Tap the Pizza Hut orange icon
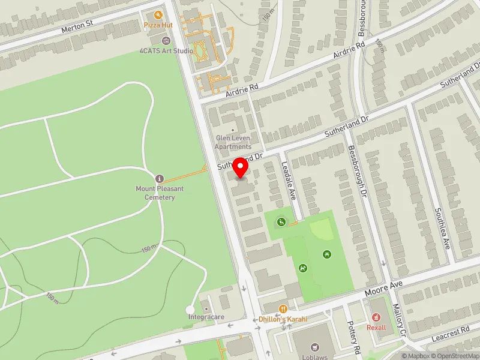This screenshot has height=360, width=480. coord(149,14)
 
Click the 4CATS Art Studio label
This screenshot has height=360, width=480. coord(167,51)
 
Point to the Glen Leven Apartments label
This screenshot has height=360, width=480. coord(233,142)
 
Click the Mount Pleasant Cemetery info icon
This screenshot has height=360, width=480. coord(159,179)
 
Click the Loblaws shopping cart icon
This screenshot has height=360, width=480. coord(314,347)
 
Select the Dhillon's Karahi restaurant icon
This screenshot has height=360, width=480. coord(283,309)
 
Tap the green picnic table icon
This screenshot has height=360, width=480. coord(327,254)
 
